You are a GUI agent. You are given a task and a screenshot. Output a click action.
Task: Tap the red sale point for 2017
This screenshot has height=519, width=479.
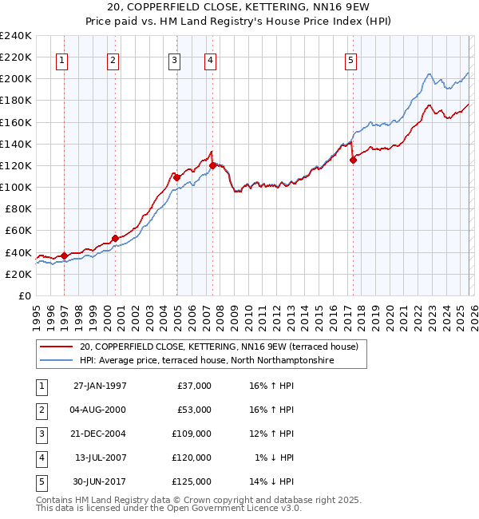coord(353,160)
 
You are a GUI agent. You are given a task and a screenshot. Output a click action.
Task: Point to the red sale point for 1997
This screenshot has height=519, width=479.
coord(65,256)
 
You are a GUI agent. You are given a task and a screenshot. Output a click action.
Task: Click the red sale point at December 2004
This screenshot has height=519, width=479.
coord(176,177)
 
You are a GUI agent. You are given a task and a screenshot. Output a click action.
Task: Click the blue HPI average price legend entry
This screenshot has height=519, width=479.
coord(206,361)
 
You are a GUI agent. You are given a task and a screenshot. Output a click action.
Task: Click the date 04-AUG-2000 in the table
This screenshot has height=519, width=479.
coord(100,410)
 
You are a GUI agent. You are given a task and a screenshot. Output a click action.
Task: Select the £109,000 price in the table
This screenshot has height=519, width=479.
coord(192,434)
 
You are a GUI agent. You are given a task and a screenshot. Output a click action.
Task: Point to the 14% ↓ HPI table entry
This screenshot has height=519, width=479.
coord(271,481)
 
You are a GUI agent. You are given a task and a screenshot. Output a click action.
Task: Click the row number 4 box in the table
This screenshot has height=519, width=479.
coord(40,458)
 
